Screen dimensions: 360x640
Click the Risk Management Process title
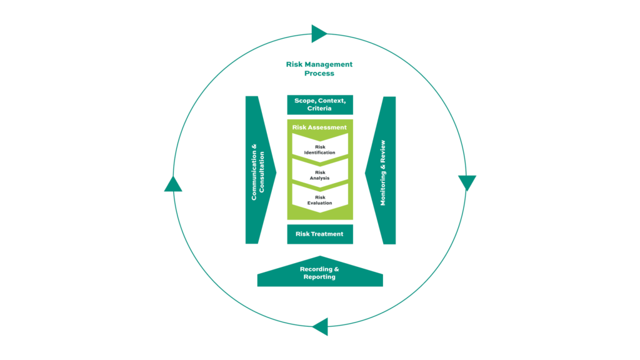coord(319,69)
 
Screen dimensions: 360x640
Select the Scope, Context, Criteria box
coord(319,104)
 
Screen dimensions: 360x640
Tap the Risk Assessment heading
coord(319,127)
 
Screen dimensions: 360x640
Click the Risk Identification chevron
coord(319,149)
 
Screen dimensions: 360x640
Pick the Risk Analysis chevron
coord(319,175)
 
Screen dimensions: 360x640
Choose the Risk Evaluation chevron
coord(319,200)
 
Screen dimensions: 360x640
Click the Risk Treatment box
coord(319,234)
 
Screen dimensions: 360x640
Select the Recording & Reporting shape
coord(319,274)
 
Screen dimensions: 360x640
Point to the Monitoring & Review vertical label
coord(383,172)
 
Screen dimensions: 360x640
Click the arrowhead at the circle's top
coord(319,34)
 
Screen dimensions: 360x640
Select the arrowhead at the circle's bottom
coord(321,326)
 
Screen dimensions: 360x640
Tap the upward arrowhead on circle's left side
coord(173,184)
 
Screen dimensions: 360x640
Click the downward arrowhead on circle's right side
coord(467,182)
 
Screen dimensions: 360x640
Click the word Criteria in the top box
coord(319,109)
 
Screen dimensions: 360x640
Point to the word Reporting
coord(319,277)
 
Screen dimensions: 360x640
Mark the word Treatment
coord(327,234)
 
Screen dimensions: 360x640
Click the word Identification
coord(319,152)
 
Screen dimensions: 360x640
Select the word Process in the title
coord(319,73)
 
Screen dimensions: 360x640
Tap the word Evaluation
coord(319,203)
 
